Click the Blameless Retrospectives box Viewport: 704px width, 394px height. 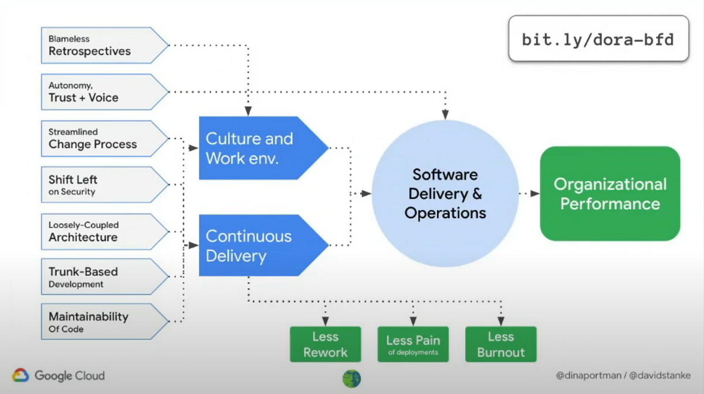click(105, 46)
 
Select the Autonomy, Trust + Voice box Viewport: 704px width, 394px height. click(105, 92)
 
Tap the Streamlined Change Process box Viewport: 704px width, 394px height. click(105, 138)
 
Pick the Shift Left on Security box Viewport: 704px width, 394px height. click(105, 185)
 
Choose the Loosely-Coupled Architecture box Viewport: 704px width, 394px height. click(105, 232)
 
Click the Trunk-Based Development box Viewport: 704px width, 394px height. click(105, 277)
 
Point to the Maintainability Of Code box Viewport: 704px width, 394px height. click(105, 321)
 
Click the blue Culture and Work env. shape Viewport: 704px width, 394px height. click(263, 148)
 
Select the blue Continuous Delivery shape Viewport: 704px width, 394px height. click(263, 246)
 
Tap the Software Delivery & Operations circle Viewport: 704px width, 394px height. click(445, 193)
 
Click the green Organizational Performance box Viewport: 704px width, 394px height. click(610, 193)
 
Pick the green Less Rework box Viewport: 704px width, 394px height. click(325, 344)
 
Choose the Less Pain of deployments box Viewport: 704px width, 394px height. click(413, 344)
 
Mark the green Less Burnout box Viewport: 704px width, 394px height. click(501, 344)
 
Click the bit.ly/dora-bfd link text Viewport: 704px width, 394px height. click(598, 40)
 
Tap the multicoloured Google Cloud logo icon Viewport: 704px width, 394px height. click(21, 375)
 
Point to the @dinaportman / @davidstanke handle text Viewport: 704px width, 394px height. click(623, 375)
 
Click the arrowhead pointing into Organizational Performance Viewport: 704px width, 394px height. click(535, 193)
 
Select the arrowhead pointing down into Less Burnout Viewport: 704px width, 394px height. click(501, 321)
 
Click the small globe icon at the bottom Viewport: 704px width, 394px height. click(351, 379)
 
